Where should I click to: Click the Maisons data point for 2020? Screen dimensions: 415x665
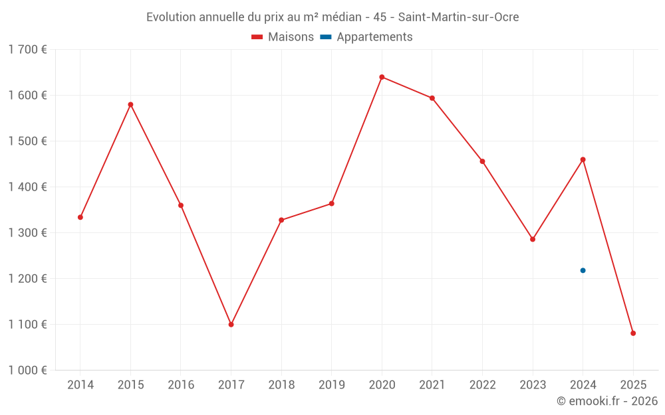pos(382,77)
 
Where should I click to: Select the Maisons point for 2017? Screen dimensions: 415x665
pos(231,325)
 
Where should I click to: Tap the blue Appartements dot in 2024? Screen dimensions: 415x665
pos(583,270)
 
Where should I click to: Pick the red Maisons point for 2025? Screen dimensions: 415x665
pos(633,333)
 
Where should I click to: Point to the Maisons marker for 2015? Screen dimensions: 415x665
pos(130,104)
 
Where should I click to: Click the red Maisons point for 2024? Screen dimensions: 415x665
pos(583,159)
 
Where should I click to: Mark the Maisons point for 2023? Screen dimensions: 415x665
pos(533,239)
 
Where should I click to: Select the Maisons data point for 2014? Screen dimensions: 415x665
pos(80,217)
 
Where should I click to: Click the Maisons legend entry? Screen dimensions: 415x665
pos(283,37)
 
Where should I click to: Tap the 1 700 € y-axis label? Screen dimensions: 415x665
pos(27,50)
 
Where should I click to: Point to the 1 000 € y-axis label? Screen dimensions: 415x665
pos(27,371)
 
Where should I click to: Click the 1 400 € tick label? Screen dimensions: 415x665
pos(27,187)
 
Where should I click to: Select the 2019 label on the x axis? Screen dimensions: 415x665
pos(331,385)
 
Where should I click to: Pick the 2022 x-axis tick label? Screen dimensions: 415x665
pos(482,385)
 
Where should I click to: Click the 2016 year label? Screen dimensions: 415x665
pos(181,385)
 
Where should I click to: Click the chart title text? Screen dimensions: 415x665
pos(332,17)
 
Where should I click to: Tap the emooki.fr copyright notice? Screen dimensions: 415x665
pos(606,401)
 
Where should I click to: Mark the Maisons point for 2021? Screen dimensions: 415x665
pos(432,98)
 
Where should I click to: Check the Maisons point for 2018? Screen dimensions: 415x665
pos(281,220)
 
